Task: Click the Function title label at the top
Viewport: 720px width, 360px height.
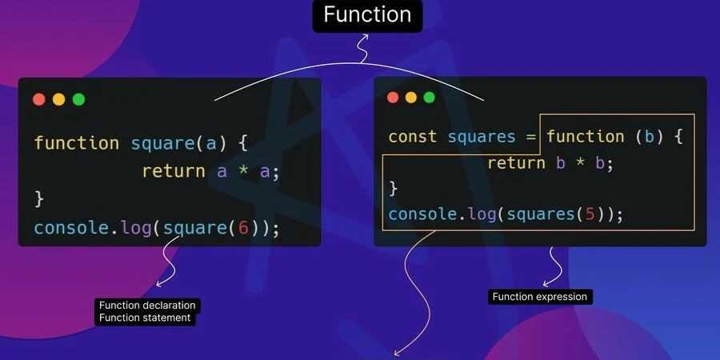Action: (367, 14)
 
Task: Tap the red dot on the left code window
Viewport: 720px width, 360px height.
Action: (38, 99)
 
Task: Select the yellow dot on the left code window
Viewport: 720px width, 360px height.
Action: (58, 99)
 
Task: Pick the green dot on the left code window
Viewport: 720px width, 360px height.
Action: (78, 99)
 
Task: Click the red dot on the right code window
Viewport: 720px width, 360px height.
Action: (392, 98)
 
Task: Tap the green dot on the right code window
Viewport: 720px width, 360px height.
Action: (430, 98)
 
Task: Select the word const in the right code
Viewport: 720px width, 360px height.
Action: (412, 137)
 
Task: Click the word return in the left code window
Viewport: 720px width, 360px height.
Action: (174, 170)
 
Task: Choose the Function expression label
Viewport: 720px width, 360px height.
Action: (540, 297)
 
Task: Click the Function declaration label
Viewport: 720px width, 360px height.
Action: (146, 306)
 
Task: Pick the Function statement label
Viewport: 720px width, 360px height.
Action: (144, 318)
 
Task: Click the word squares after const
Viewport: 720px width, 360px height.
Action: (482, 137)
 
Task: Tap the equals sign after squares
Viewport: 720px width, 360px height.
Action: (530, 137)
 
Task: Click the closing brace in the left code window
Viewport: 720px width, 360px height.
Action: (38, 198)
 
